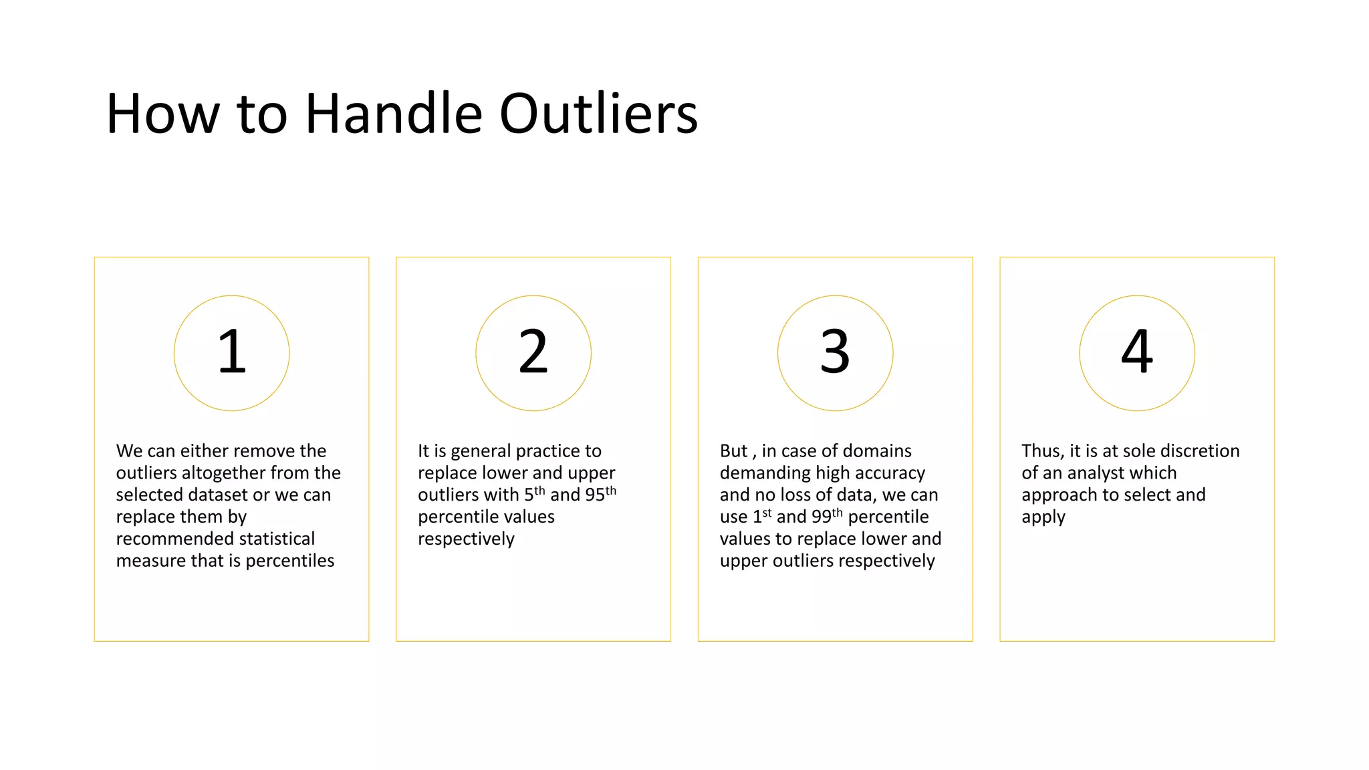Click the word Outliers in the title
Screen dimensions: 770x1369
tap(598, 114)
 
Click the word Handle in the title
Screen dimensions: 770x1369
tap(394, 114)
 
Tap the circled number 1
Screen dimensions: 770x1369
tap(232, 352)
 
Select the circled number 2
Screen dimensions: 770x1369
tap(533, 352)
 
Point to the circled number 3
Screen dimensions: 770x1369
tap(835, 352)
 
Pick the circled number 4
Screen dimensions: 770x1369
tap(1137, 352)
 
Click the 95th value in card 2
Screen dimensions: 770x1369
tap(600, 494)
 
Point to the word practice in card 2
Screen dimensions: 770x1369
tap(547, 451)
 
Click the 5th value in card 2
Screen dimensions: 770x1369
tap(534, 494)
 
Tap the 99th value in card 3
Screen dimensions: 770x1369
tap(827, 516)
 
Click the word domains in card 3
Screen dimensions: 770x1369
tap(879, 451)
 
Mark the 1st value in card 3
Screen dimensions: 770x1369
tap(762, 516)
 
